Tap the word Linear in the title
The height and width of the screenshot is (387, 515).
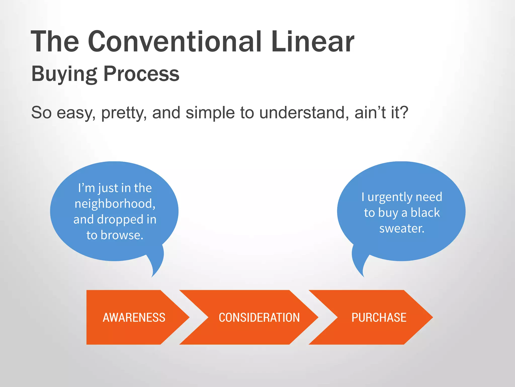(x=313, y=42)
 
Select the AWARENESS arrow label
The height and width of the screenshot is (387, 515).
(x=134, y=317)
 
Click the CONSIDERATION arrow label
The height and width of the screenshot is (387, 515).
(x=259, y=317)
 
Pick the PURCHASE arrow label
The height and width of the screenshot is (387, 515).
(x=379, y=317)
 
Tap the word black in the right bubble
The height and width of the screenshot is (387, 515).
(x=425, y=213)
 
